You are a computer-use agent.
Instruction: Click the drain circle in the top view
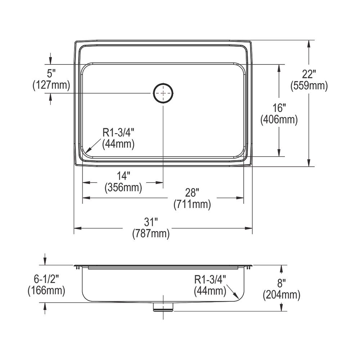pyautogui.click(x=163, y=93)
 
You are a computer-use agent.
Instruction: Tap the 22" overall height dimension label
pyautogui.click(x=309, y=75)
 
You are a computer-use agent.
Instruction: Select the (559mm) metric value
pyautogui.click(x=309, y=86)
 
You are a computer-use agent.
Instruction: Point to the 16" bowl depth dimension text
pyautogui.click(x=279, y=108)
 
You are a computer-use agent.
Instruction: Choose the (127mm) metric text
pyautogui.click(x=51, y=85)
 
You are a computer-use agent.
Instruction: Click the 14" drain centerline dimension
pyautogui.click(x=123, y=176)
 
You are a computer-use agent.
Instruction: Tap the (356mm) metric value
pyautogui.click(x=123, y=187)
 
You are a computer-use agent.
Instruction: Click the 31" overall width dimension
pyautogui.click(x=151, y=222)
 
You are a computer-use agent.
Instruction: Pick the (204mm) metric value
pyautogui.click(x=282, y=295)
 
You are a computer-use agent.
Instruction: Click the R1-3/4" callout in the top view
pyautogui.click(x=118, y=132)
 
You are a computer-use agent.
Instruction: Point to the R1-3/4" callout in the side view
pyautogui.click(x=210, y=279)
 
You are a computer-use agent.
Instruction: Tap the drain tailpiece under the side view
pyautogui.click(x=163, y=307)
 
